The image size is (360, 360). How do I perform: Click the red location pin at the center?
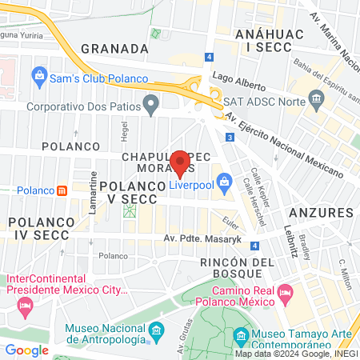click(x=180, y=163)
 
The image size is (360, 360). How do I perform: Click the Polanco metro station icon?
click(x=62, y=190)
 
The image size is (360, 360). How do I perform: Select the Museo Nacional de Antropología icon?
click(x=156, y=330)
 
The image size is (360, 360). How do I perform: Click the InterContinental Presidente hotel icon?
click(x=25, y=306)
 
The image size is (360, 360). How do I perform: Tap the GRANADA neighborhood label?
click(x=115, y=48)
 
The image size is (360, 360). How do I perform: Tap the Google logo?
click(x=26, y=350)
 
